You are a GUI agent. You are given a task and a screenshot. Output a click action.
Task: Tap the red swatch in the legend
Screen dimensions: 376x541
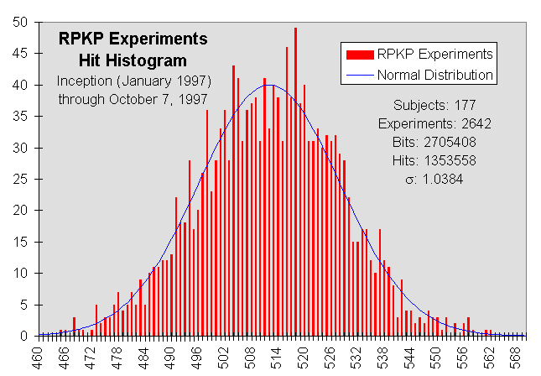(x=360, y=55)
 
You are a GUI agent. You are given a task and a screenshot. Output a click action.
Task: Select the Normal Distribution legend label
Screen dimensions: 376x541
(x=434, y=75)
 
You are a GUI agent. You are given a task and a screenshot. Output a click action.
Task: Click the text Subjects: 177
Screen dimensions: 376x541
(x=434, y=106)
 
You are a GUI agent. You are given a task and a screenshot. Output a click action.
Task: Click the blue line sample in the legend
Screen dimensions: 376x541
(x=360, y=75)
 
